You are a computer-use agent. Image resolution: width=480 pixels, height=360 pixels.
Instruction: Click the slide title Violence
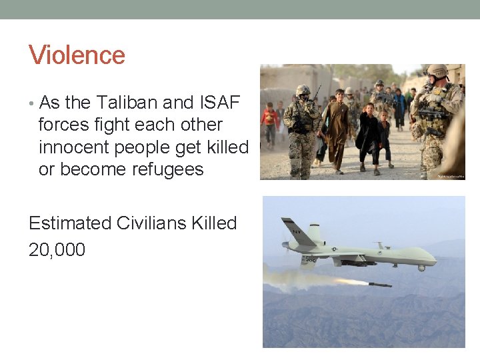[x=77, y=55]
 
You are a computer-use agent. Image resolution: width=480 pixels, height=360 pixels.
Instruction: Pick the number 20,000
[x=57, y=250]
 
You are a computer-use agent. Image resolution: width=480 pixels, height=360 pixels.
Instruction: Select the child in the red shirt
[x=270, y=120]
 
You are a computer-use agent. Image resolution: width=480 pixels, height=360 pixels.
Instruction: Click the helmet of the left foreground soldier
[x=303, y=90]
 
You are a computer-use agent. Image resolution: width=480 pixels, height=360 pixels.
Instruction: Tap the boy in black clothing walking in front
[x=367, y=133]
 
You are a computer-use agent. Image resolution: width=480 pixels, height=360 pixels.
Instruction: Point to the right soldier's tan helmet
[x=437, y=71]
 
